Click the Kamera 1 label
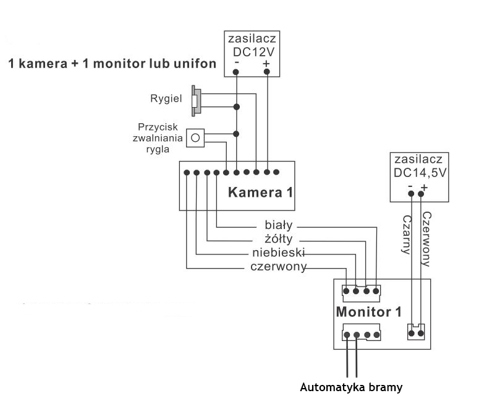point(260,192)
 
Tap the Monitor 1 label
point(364,312)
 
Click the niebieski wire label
point(279,253)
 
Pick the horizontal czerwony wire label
point(279,267)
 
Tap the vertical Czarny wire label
point(406,235)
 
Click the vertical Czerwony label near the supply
point(426,238)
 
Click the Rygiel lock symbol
point(197,100)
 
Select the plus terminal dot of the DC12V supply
point(267,72)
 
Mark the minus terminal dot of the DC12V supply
point(237,72)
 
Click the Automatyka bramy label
point(351,388)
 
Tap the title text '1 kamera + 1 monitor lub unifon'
point(112,64)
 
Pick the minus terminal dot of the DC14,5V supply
point(411,194)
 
